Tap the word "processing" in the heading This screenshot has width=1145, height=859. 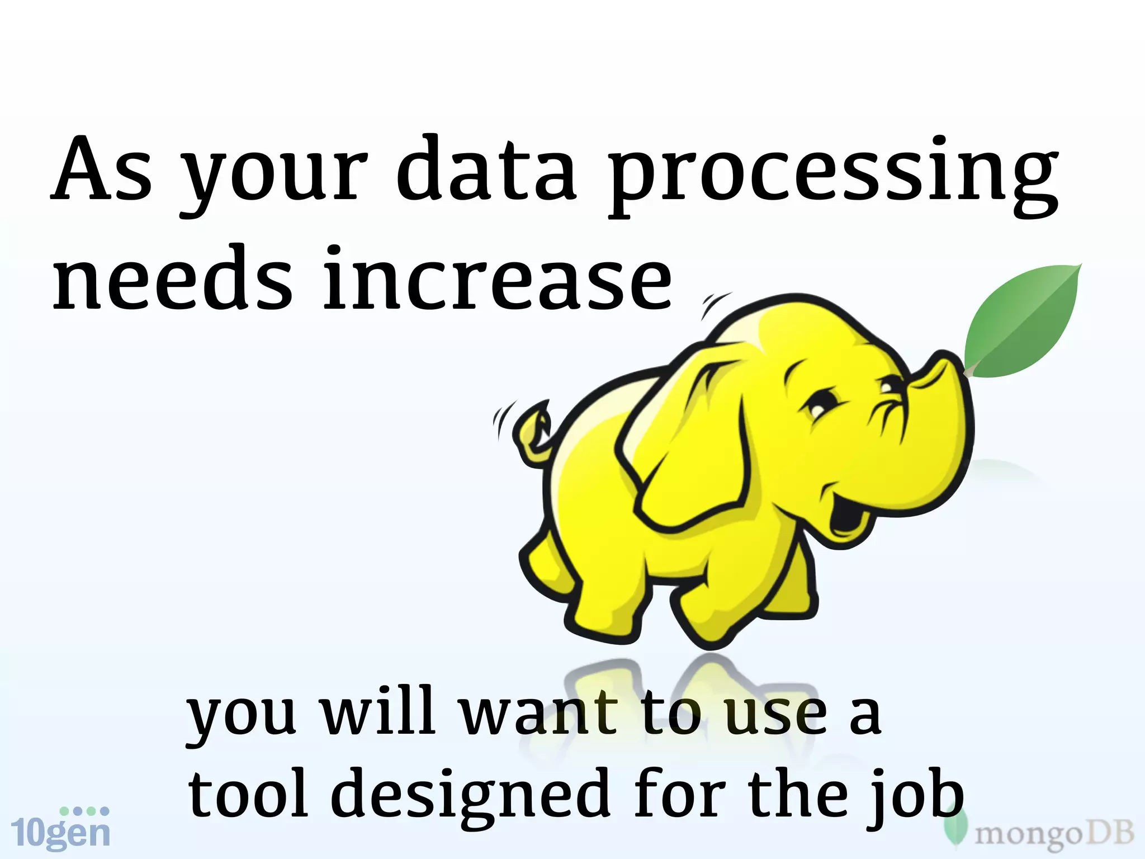coord(833,176)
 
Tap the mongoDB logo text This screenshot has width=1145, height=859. coord(1053,834)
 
